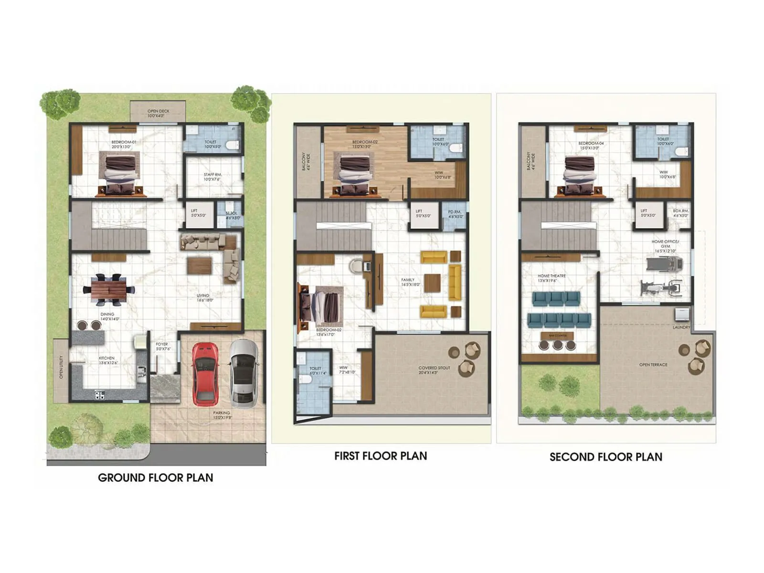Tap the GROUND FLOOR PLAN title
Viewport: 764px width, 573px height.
155,477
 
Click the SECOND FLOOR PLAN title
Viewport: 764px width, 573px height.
605,457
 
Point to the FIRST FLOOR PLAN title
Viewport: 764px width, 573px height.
381,456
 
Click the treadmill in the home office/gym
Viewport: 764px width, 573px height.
665,263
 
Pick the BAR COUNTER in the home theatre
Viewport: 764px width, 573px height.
558,336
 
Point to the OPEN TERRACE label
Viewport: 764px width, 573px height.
653,365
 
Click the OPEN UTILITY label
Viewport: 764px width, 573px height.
61,367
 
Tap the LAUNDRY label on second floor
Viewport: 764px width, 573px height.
681,328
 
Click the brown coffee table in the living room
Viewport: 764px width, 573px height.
199,265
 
